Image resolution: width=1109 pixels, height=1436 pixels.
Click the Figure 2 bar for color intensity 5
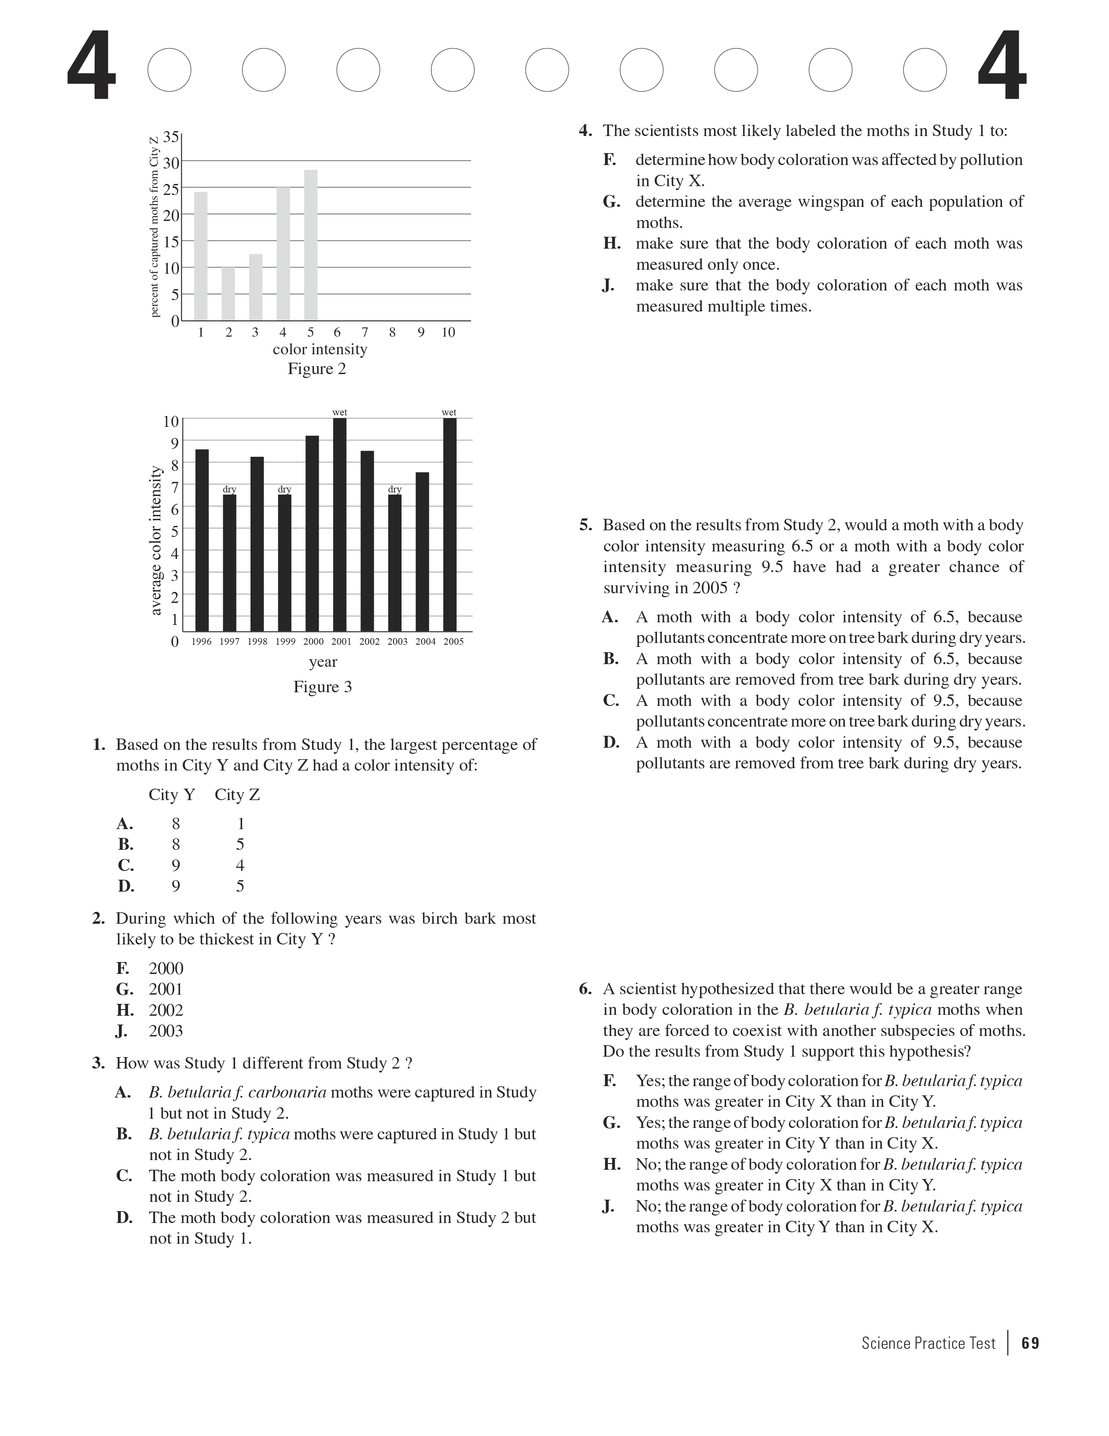tap(310, 245)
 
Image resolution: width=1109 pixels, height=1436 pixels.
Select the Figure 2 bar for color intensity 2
tap(228, 294)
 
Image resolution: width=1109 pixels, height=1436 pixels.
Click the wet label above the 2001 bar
tap(339, 412)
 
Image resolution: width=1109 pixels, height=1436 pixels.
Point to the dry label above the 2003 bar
tap(394, 489)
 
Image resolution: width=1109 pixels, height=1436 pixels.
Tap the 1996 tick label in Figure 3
tap(201, 642)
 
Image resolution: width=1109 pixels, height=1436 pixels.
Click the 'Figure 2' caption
tap(317, 369)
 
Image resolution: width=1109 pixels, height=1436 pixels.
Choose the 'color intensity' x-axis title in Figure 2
tap(320, 349)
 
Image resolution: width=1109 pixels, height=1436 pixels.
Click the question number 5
tap(586, 525)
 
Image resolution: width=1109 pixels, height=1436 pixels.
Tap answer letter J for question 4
tap(608, 285)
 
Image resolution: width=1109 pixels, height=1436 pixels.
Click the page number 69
tap(1030, 1343)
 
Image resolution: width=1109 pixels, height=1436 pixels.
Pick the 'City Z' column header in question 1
tap(237, 794)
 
